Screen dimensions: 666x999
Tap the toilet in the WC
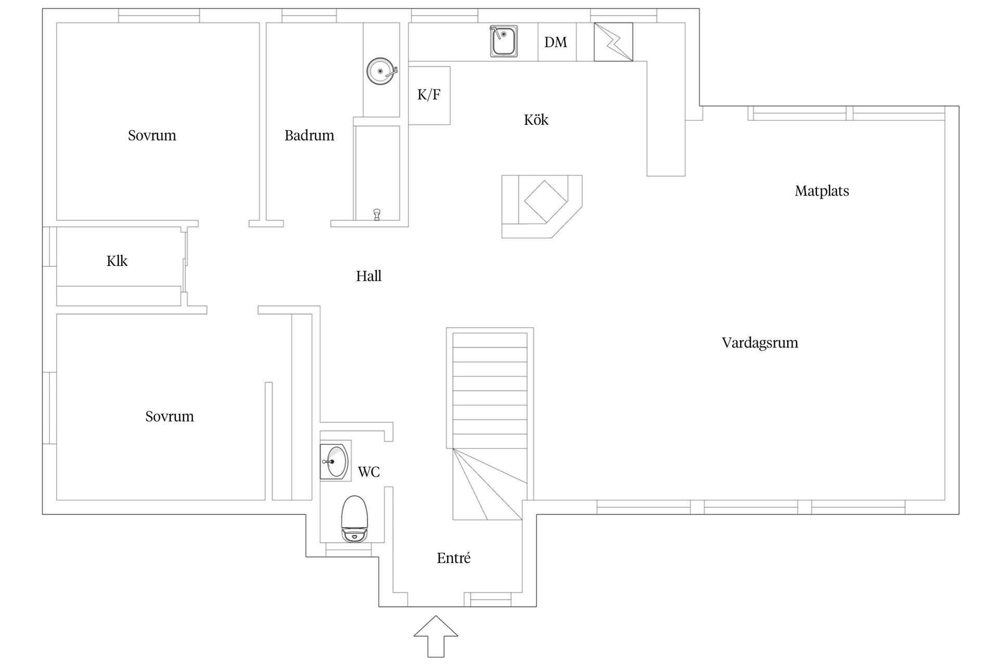pos(354,519)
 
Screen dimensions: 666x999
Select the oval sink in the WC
pos(336,461)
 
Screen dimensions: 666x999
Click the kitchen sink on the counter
pos(503,41)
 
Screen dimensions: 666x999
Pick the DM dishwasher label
pos(556,42)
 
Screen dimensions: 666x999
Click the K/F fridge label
pos(429,95)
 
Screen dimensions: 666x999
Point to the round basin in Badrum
pos(381,71)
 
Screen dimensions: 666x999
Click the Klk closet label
pos(117,261)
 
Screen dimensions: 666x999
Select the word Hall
pos(368,276)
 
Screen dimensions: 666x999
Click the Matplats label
pos(822,191)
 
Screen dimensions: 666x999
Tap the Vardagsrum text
pos(760,342)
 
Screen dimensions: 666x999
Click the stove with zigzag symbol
pos(613,42)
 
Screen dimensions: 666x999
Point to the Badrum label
pos(309,135)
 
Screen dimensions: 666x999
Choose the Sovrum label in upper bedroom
pos(152,135)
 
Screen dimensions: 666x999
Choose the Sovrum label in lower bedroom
pos(170,416)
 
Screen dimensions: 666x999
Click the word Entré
pos(454,558)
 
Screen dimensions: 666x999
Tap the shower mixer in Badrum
pos(377,214)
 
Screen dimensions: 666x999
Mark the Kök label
pos(536,120)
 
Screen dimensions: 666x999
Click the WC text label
pos(368,472)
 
